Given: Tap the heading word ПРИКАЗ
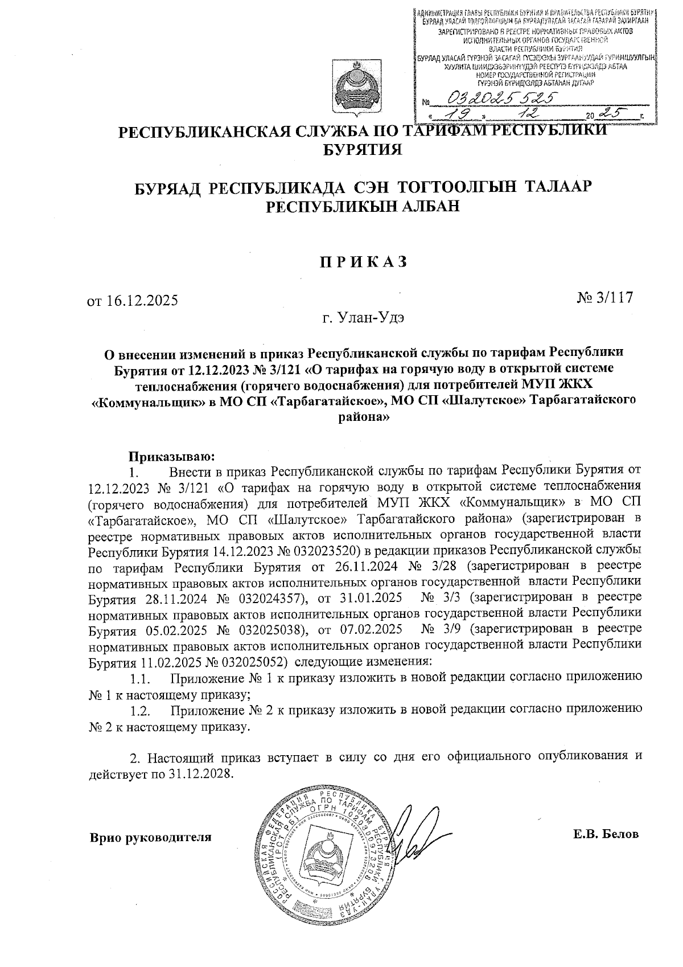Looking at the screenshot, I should (363, 261).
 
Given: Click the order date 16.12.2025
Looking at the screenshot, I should (142, 300).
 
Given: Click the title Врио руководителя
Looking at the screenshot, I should (150, 837).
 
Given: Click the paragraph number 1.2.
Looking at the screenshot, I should (139, 711).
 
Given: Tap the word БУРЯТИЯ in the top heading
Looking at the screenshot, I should (363, 150).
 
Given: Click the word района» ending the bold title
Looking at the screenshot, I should (363, 417).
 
